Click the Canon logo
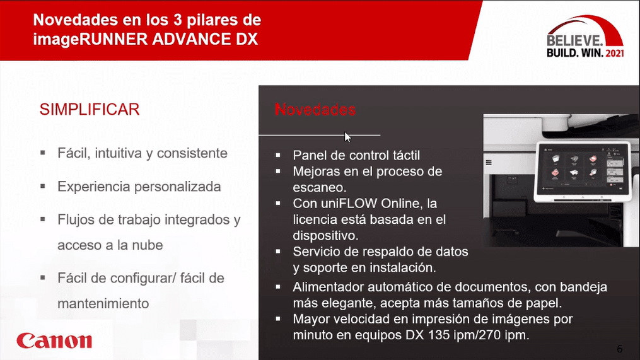54,341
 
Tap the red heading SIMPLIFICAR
90,110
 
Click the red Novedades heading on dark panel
315,110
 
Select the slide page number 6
620,349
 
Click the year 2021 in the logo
615,53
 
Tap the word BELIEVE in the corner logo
574,40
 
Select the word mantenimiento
103,304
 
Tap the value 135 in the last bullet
439,335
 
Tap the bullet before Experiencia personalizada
43,186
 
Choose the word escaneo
320,187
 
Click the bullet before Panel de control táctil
278,155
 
